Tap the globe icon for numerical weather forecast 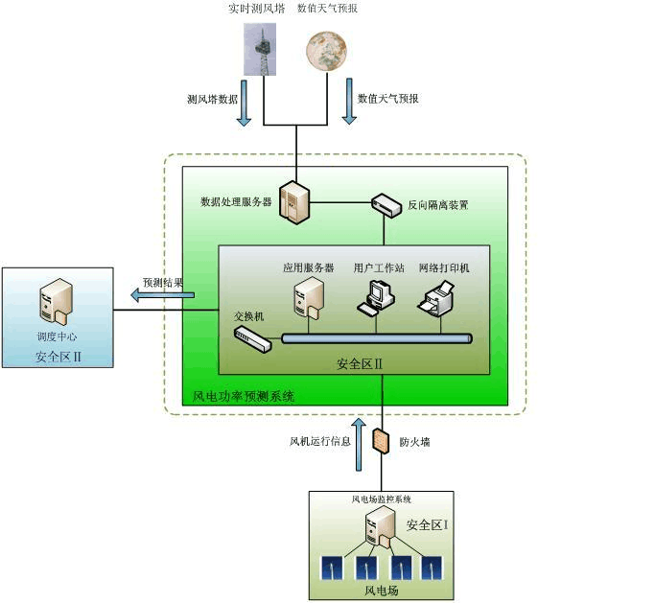(x=326, y=52)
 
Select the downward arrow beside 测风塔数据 (x=244, y=104)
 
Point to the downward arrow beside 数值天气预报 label (x=348, y=104)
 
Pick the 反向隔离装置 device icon (x=386, y=204)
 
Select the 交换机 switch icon (x=252, y=336)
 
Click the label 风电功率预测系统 (x=244, y=395)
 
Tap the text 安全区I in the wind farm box (x=427, y=525)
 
